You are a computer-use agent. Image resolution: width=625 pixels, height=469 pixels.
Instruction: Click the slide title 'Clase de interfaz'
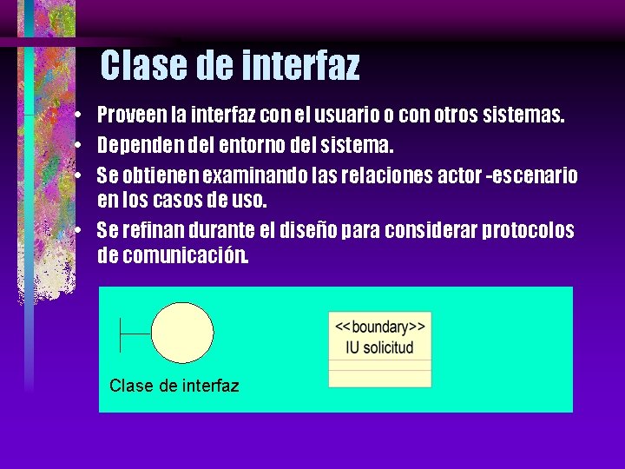pos(229,65)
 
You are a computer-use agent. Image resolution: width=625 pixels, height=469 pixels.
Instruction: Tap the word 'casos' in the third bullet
pos(175,201)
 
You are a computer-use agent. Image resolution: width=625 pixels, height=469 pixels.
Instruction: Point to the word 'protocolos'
pos(529,230)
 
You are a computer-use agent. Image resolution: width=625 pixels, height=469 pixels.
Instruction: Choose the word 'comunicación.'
pos(185,256)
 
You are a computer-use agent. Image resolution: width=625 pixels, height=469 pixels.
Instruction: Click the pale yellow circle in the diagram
pos(181,333)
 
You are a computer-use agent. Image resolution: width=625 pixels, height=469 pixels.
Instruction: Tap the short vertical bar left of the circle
pos(121,333)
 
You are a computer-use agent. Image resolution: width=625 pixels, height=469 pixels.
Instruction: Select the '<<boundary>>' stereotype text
pos(379,327)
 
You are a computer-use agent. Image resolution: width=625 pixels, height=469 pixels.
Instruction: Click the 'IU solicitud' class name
pos(379,347)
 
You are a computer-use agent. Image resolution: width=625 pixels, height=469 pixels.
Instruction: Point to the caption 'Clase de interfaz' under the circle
pos(174,386)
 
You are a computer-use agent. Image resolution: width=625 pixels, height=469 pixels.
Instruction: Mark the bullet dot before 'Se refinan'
pos(78,230)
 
